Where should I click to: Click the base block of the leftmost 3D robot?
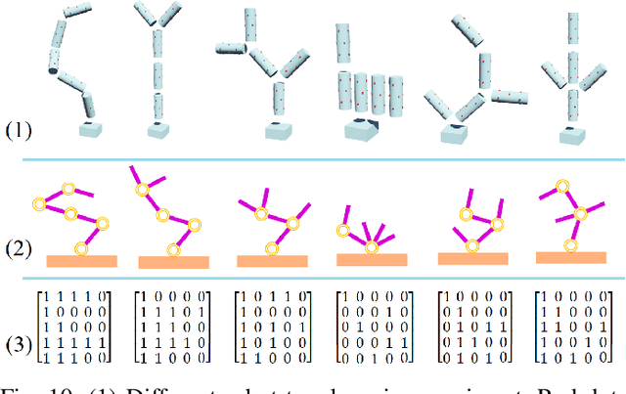[93, 130]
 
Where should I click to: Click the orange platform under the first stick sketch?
[82, 261]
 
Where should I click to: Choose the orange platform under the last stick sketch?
[568, 258]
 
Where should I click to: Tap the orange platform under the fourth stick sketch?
[373, 260]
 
